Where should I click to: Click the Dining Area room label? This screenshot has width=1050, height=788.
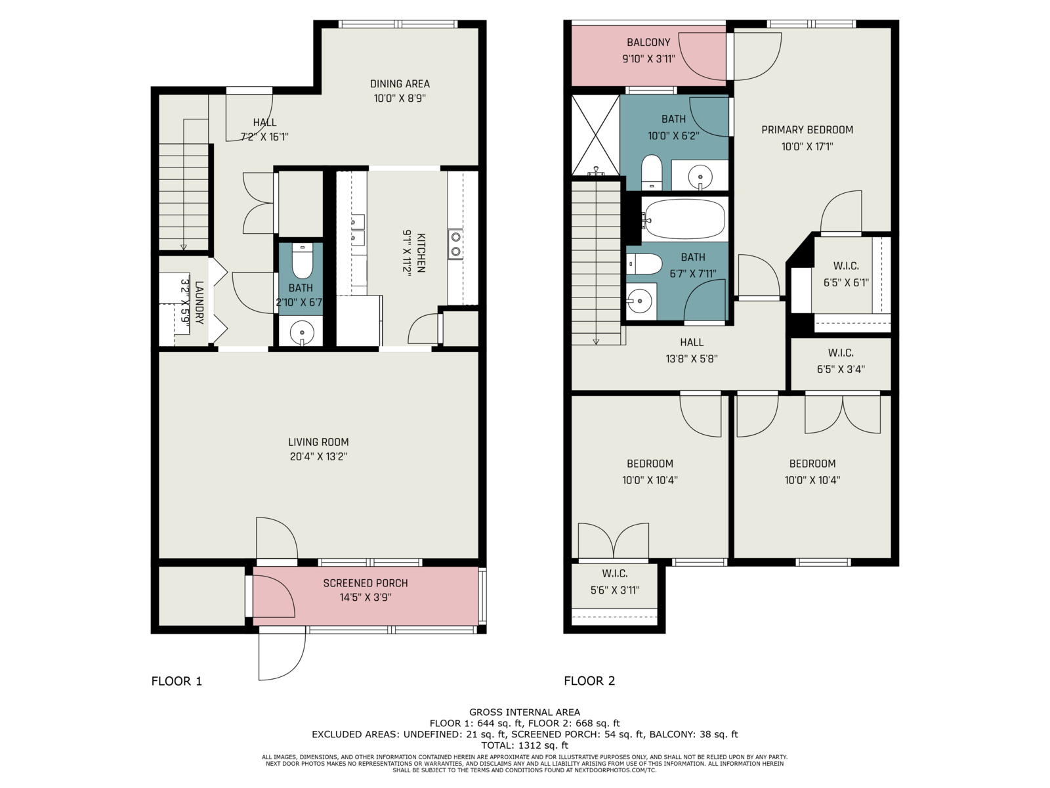400,84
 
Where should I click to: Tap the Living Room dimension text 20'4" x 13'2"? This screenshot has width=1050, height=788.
318,456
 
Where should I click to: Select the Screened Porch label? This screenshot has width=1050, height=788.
366,583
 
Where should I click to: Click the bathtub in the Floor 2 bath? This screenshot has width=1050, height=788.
684,219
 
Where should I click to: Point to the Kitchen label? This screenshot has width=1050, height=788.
421,253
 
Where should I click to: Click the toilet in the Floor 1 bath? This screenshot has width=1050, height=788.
303,261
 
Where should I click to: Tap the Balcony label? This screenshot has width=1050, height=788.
648,42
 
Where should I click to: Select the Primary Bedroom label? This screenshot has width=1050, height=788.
807,129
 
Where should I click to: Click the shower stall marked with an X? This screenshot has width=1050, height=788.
596,135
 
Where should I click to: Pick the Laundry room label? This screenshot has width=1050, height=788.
199,302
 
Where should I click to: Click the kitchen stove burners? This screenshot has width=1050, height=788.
456,244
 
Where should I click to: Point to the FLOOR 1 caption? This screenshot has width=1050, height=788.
177,681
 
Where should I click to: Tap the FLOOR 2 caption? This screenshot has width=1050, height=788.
589,681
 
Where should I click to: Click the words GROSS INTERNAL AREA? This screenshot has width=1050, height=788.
525,712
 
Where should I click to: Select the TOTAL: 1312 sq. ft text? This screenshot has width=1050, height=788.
525,745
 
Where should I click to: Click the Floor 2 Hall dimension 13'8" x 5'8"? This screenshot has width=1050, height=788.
692,359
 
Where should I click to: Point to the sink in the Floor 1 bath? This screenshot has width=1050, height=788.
303,331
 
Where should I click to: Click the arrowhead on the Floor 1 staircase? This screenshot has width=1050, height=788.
183,247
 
